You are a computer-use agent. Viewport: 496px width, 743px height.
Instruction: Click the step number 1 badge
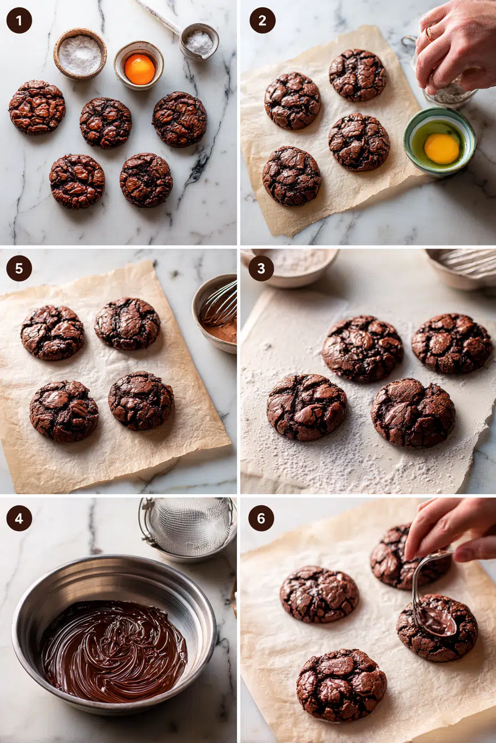pyautogui.click(x=19, y=20)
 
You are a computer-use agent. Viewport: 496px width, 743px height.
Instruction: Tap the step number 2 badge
pyautogui.click(x=262, y=20)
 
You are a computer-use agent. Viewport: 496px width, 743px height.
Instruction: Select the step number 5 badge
pyautogui.click(x=19, y=268)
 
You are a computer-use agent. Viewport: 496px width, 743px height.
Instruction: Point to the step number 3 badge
pyautogui.click(x=261, y=268)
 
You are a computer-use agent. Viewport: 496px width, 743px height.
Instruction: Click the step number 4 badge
pyautogui.click(x=19, y=518)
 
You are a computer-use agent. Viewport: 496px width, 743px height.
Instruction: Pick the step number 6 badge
pyautogui.click(x=261, y=518)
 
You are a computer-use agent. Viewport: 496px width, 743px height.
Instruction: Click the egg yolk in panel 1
pyautogui.click(x=139, y=70)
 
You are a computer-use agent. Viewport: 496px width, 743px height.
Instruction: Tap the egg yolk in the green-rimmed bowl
pyautogui.click(x=441, y=149)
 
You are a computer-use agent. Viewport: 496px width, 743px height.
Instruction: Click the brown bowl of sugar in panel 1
pyautogui.click(x=80, y=54)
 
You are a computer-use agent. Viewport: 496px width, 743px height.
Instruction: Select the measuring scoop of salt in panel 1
pyautogui.click(x=199, y=42)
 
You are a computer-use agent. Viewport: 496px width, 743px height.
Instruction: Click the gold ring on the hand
pyautogui.click(x=430, y=34)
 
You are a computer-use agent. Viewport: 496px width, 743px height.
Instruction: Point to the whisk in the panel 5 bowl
pyautogui.click(x=221, y=307)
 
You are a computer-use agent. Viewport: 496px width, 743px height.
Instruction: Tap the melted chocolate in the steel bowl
pyautogui.click(x=114, y=652)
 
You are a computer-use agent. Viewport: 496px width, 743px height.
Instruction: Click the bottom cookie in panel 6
pyautogui.click(x=341, y=685)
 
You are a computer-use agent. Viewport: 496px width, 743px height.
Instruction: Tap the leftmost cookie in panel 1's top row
pyautogui.click(x=37, y=107)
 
